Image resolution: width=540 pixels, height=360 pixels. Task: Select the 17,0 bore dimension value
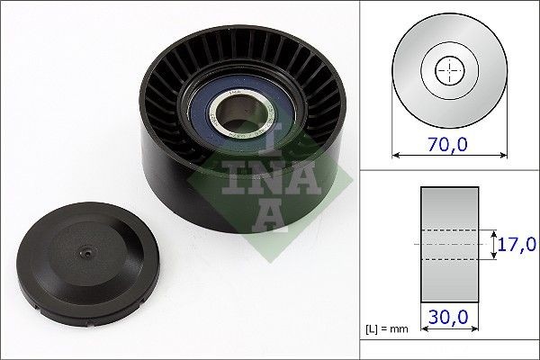517,244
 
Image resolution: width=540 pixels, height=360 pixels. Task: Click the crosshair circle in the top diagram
447,70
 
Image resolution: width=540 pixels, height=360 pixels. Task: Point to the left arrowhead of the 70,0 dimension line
395,156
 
